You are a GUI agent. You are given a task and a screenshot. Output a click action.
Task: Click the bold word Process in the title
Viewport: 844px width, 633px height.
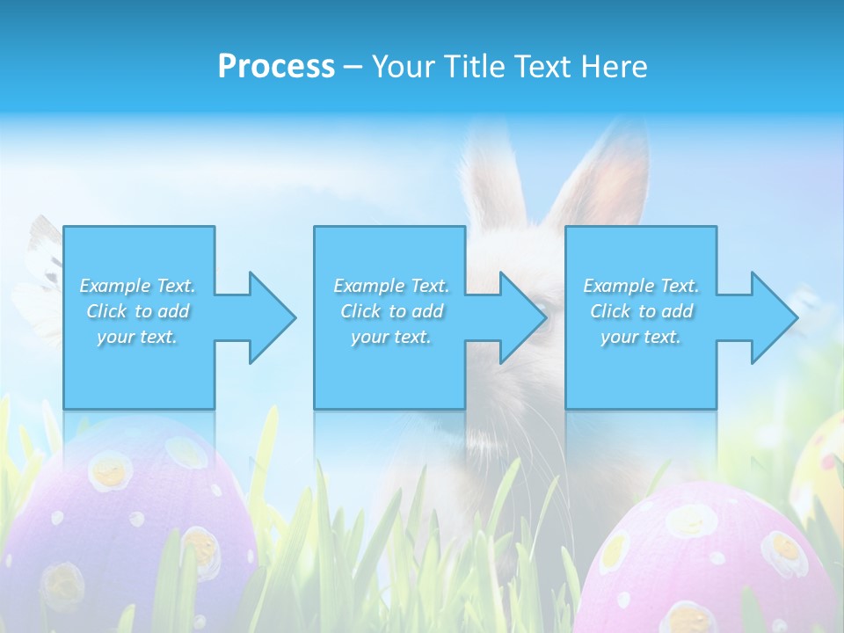pos(276,66)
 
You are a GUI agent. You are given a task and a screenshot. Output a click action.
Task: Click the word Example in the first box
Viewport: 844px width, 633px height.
pos(113,286)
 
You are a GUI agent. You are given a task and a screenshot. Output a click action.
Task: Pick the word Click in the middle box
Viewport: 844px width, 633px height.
pos(359,311)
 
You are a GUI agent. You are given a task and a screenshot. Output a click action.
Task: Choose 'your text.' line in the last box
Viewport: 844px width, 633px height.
pos(640,337)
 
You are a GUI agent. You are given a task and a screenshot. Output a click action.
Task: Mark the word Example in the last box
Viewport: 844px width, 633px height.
pos(617,286)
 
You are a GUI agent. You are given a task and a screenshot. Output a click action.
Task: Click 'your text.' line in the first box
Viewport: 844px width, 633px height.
pos(137,337)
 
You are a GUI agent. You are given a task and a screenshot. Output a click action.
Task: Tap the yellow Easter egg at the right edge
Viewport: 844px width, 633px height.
pos(822,466)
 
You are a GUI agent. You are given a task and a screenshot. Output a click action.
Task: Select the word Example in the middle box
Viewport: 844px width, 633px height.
pos(367,286)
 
